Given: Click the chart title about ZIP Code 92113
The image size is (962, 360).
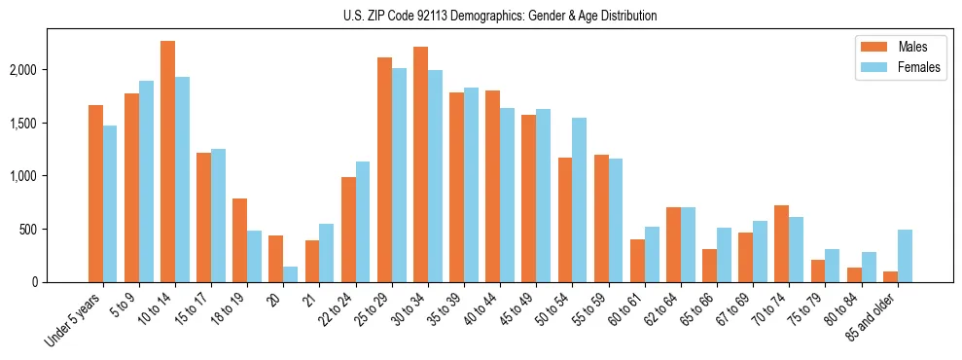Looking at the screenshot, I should (x=500, y=16).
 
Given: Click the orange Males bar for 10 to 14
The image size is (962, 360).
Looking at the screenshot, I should (x=168, y=162).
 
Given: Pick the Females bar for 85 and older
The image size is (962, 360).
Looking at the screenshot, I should (x=905, y=256).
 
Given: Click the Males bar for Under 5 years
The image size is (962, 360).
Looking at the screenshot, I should (x=95, y=194).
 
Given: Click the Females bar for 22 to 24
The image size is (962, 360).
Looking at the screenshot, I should (x=363, y=222).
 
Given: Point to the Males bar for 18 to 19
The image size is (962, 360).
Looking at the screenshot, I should (x=240, y=240).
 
